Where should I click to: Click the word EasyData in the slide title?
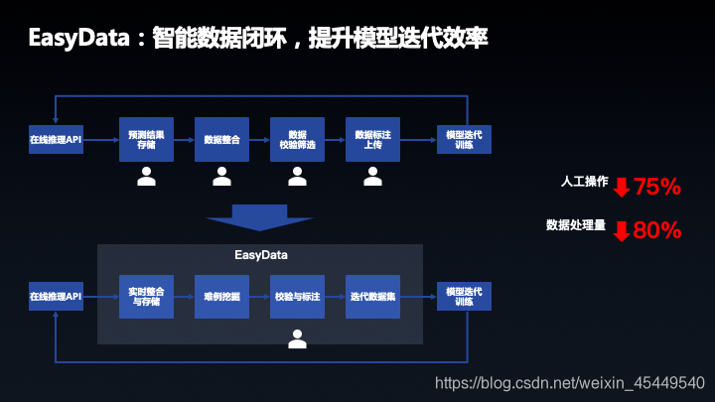click(79, 39)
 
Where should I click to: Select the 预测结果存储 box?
click(147, 140)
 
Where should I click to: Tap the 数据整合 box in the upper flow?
click(222, 140)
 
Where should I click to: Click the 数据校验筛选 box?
click(298, 140)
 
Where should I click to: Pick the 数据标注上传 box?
click(372, 140)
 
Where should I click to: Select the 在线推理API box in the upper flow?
click(56, 140)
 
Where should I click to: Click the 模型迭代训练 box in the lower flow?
click(464, 296)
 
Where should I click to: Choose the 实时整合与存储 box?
click(147, 296)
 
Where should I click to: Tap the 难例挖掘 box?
click(222, 296)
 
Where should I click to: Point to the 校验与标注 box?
click(298, 296)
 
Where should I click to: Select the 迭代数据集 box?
click(372, 296)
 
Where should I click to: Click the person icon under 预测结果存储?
click(147, 177)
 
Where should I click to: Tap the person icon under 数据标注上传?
click(372, 177)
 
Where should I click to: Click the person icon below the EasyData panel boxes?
click(297, 338)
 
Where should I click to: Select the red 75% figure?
click(657, 187)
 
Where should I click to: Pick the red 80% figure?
click(657, 230)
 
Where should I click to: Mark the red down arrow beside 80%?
click(622, 231)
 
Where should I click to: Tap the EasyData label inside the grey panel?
click(261, 255)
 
